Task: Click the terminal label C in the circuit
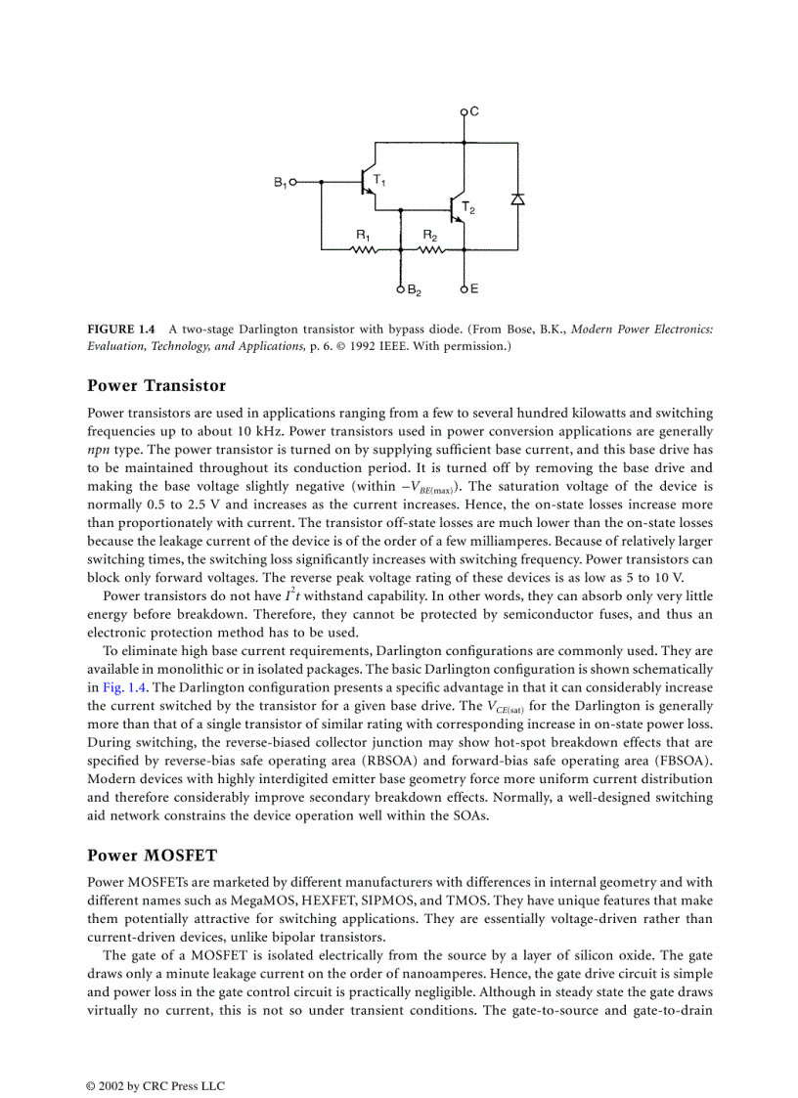point(474,111)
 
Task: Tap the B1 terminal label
point(280,182)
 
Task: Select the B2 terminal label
point(415,291)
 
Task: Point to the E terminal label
point(474,289)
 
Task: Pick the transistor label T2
point(467,208)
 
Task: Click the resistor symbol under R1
point(364,249)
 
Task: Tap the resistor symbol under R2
point(430,249)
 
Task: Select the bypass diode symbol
point(518,198)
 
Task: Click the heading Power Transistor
point(156,385)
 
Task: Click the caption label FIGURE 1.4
point(120,329)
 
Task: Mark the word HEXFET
point(368,900)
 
